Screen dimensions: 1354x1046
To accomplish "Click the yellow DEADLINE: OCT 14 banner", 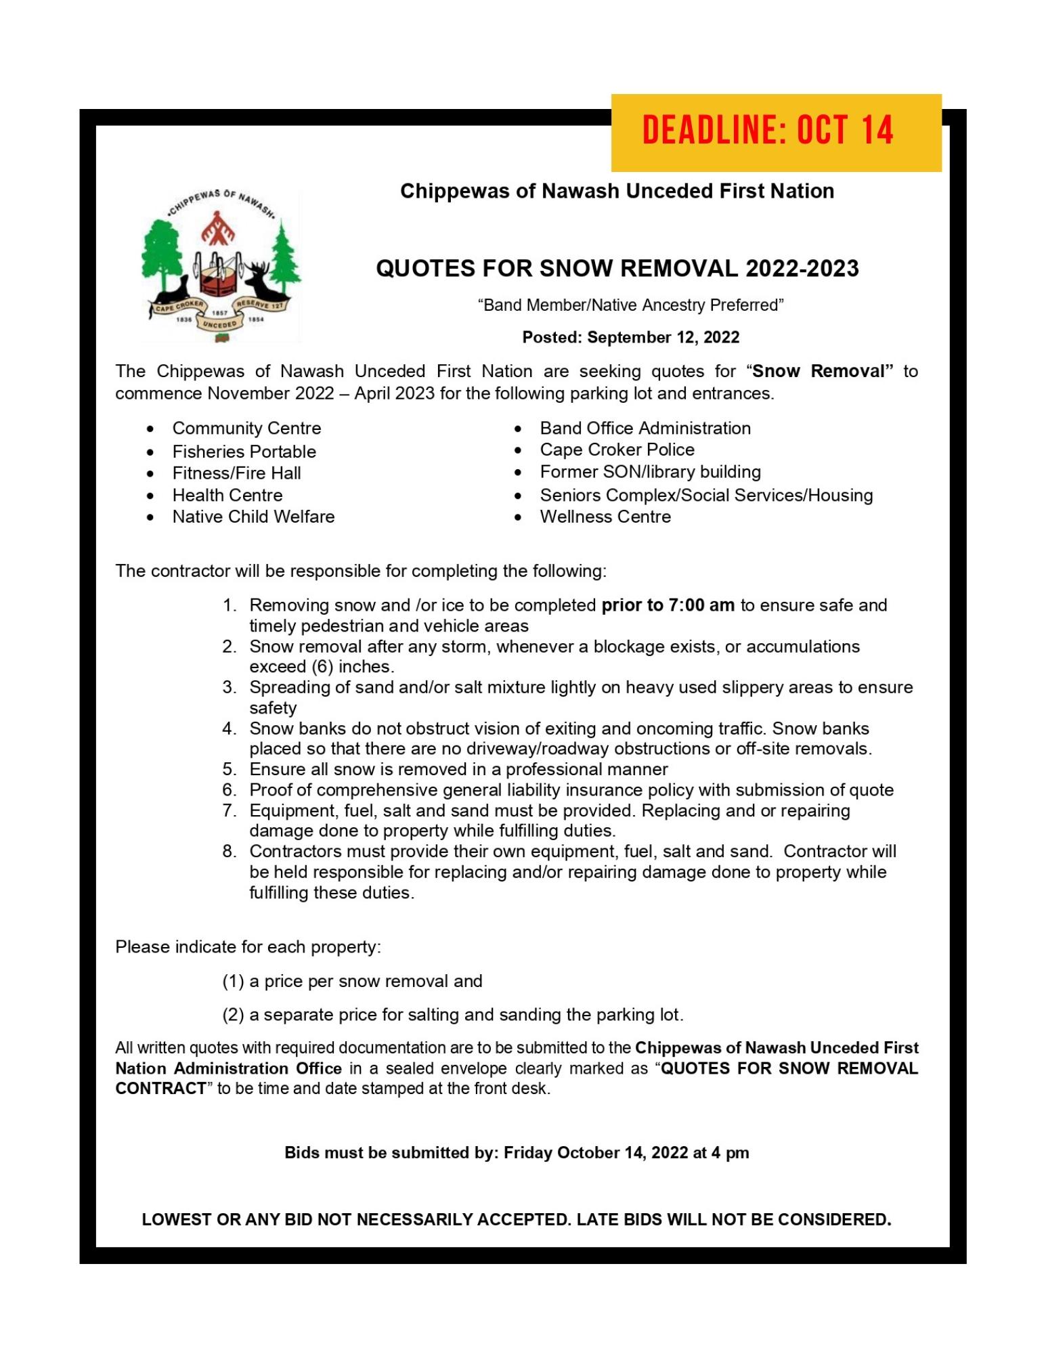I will pos(776,132).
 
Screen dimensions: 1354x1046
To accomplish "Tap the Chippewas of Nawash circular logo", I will pos(221,266).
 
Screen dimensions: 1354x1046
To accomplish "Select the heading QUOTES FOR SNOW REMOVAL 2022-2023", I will pos(617,269).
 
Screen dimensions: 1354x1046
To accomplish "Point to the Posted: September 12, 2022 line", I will pos(630,337).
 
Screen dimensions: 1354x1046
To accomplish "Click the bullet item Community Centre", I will pos(246,429).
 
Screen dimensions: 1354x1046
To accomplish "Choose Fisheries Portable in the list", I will pos(244,452).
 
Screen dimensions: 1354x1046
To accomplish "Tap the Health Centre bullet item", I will pos(227,495).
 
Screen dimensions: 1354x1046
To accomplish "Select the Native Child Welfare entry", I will pos(253,517).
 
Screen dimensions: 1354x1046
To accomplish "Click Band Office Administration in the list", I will pos(645,429).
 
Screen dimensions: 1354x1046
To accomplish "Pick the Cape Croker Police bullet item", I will pos(617,450).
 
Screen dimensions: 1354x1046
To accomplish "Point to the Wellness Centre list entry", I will pos(605,517).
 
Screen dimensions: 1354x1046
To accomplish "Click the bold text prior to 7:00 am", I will pos(668,605).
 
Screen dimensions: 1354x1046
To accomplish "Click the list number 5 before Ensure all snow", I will pos(230,770).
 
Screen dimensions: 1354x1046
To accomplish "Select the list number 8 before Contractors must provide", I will pos(230,852).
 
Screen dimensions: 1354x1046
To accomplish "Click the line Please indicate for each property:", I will pos(248,947).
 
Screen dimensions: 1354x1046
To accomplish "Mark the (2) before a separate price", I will pos(233,1015).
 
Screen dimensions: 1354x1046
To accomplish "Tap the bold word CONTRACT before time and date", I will pos(161,1089).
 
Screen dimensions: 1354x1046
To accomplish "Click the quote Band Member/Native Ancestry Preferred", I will pos(630,305).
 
